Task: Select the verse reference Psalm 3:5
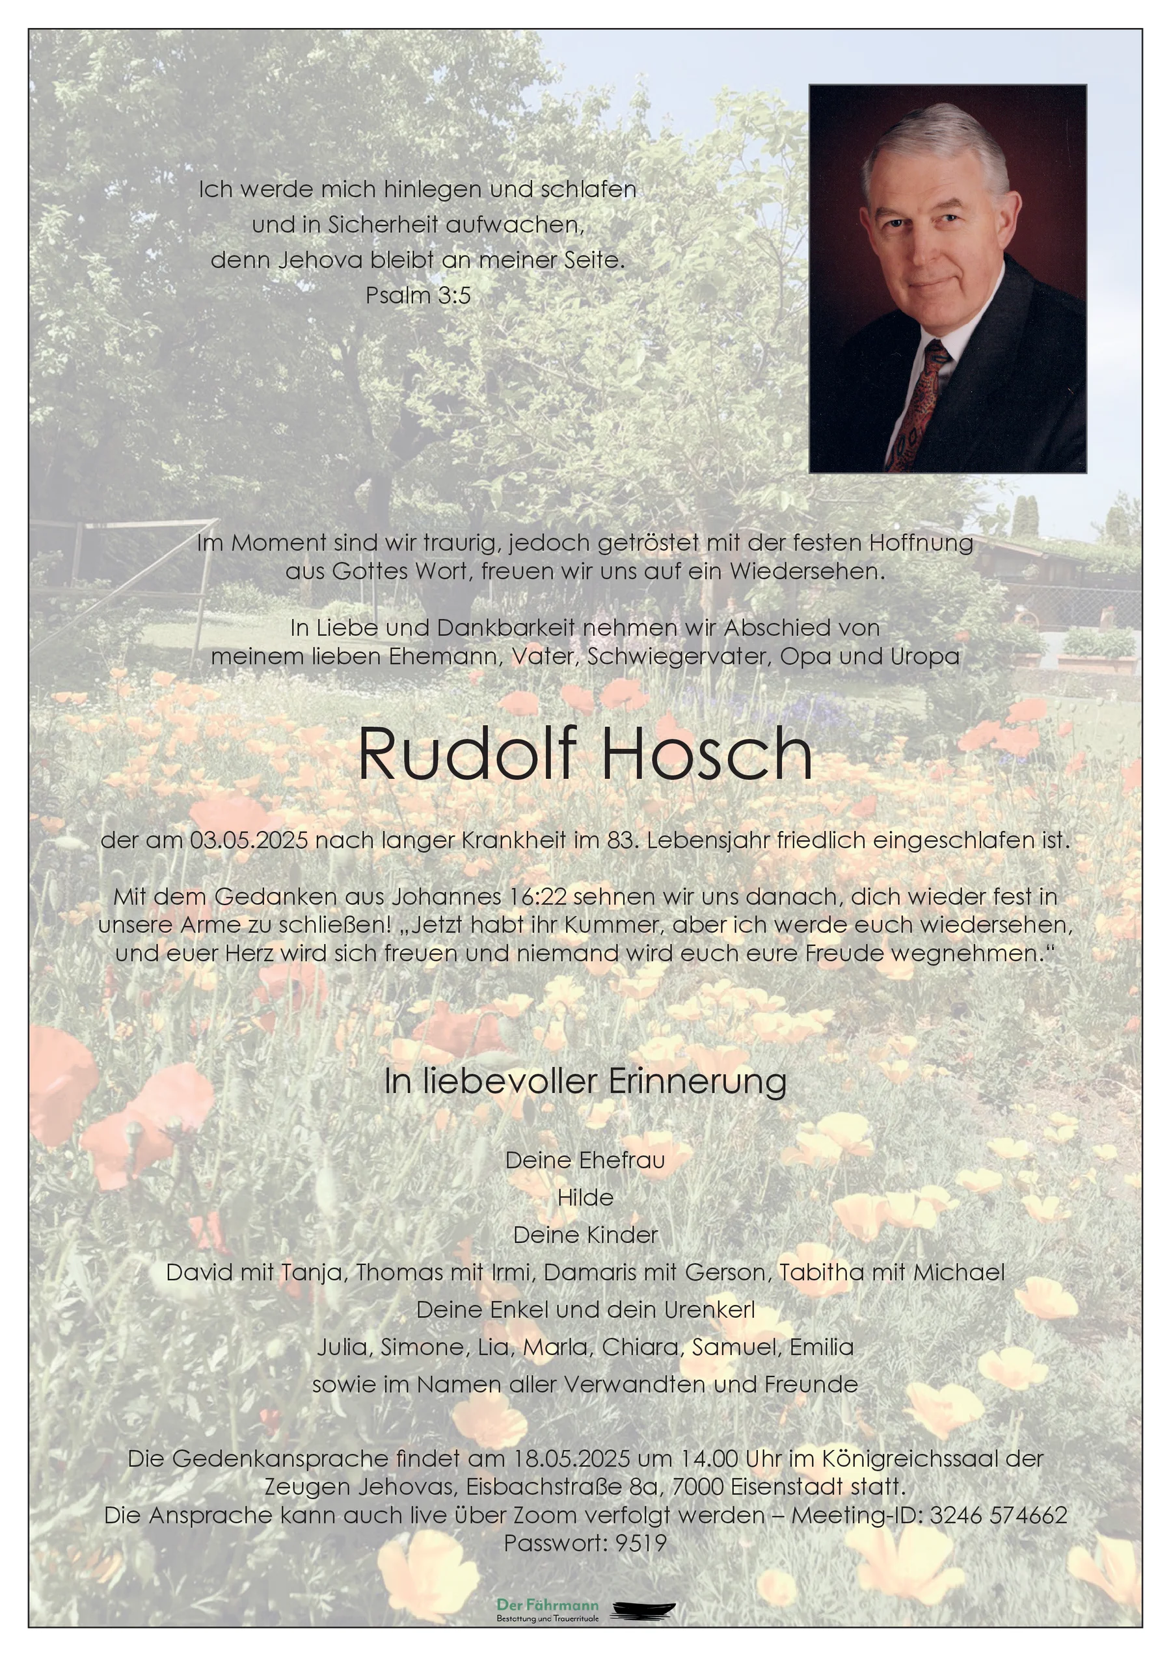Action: pyautogui.click(x=418, y=295)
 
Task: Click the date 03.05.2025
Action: pyautogui.click(x=249, y=840)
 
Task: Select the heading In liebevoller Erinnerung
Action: pyautogui.click(x=585, y=1081)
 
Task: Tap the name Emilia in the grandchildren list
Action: pyautogui.click(x=822, y=1347)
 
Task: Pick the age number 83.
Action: pyautogui.click(x=619, y=840)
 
